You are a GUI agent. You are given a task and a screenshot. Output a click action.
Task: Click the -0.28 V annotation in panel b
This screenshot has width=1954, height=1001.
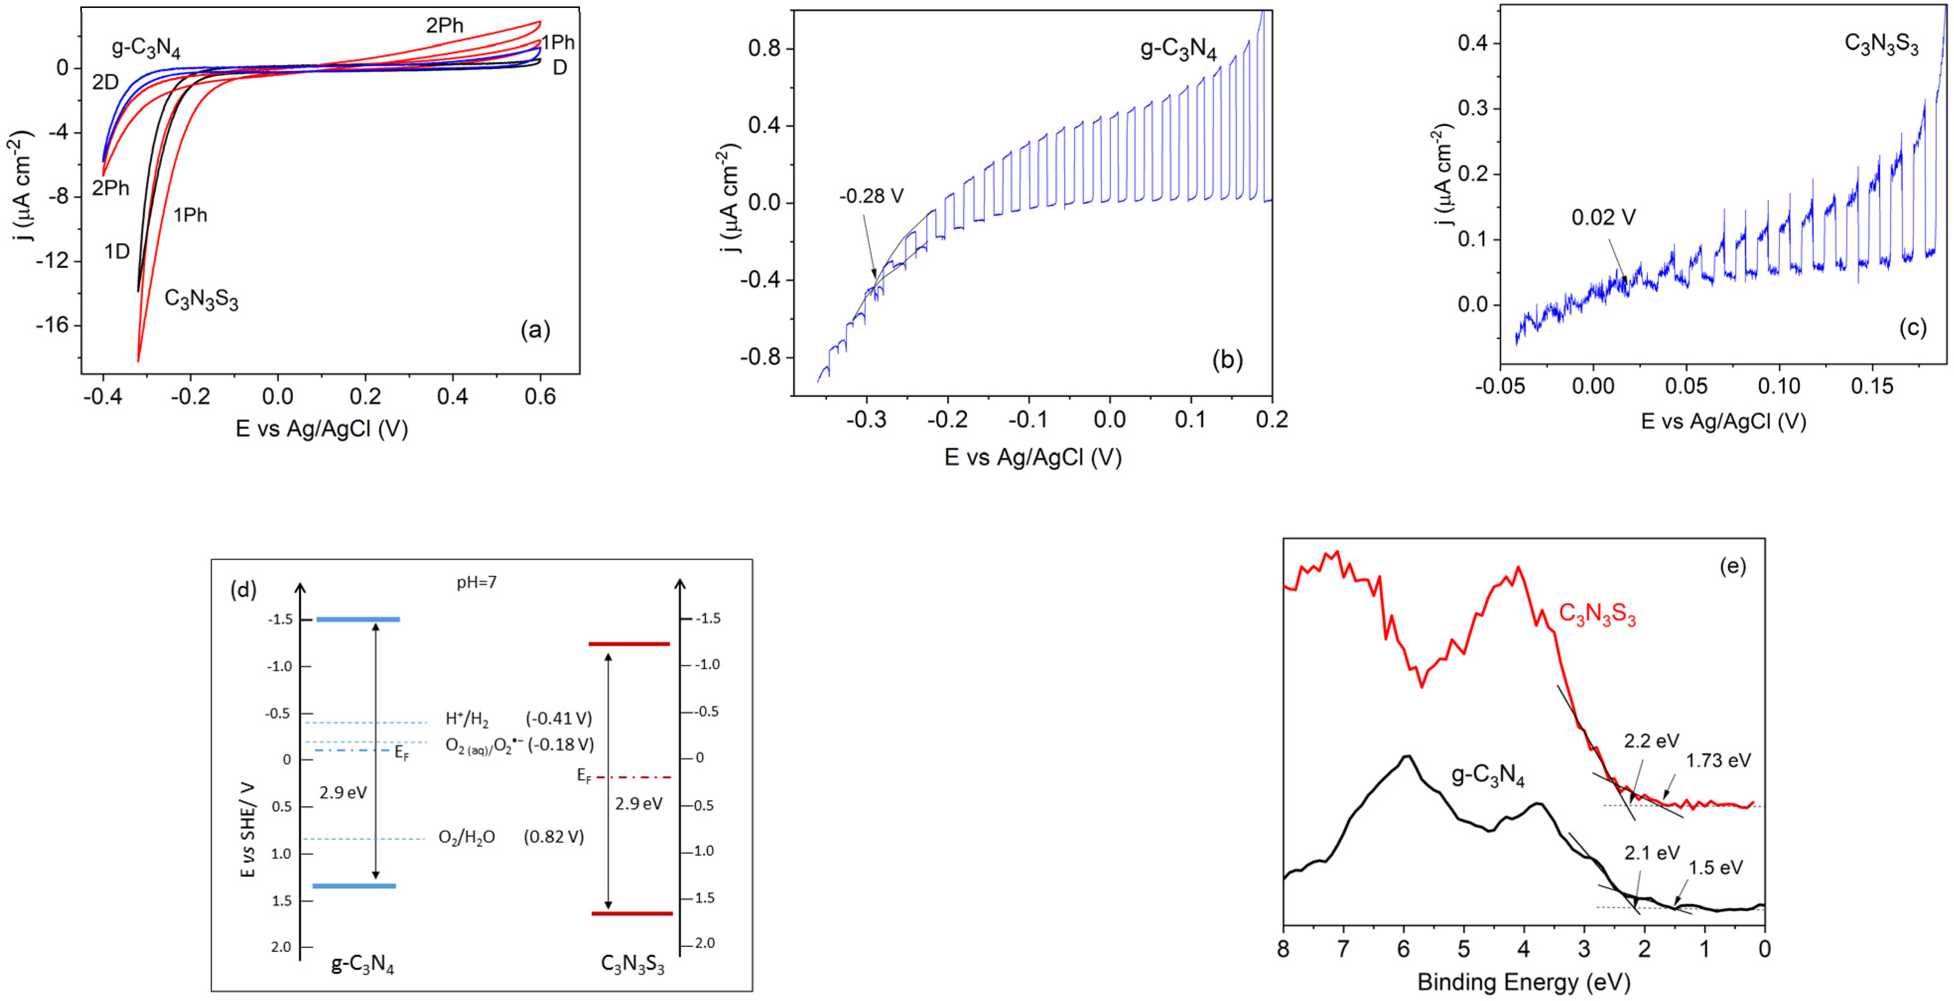(871, 196)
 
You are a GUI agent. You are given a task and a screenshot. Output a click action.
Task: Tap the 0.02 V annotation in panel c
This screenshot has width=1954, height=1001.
(1603, 218)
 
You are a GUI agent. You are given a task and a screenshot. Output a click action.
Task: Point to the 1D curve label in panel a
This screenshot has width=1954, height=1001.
(117, 251)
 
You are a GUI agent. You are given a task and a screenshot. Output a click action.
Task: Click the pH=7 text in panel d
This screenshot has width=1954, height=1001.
(476, 582)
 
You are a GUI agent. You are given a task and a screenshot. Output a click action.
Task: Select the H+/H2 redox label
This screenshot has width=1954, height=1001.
(466, 719)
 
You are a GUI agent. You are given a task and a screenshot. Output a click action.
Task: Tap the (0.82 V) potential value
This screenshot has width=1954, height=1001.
(554, 836)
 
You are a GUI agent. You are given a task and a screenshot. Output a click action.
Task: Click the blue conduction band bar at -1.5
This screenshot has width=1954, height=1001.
(358, 620)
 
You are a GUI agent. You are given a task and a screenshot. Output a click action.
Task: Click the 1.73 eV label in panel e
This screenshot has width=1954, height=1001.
(1718, 760)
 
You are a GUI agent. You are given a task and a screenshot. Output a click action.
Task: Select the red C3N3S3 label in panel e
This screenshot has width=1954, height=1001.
(1597, 614)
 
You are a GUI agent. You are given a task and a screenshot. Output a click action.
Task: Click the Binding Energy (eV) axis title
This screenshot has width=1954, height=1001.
(1523, 982)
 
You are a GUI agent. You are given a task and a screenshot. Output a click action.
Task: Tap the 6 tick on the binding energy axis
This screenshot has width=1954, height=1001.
(1403, 949)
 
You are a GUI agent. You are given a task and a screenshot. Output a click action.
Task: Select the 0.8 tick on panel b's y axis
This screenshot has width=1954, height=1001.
(764, 49)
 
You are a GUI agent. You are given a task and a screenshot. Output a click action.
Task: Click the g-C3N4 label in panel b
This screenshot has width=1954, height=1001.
(1178, 49)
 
